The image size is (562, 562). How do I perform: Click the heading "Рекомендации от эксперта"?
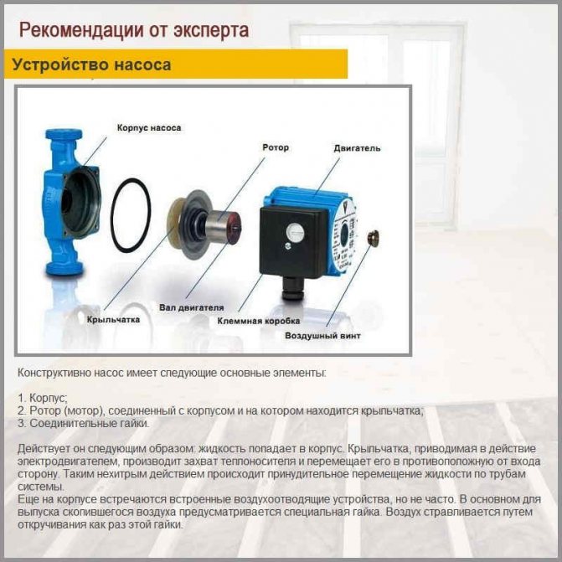click(134, 30)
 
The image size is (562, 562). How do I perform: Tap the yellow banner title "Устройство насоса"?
click(91, 64)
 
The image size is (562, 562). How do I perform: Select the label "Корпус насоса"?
click(149, 128)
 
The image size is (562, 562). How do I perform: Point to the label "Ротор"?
click(276, 147)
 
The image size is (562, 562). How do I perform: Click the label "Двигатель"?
click(357, 148)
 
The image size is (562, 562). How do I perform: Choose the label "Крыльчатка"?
click(113, 319)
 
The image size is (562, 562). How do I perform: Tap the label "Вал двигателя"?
click(192, 307)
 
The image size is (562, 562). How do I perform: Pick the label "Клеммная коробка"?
click(259, 321)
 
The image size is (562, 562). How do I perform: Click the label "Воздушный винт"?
click(322, 336)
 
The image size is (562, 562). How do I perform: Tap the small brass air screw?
click(373, 237)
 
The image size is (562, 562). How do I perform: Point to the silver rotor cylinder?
click(221, 224)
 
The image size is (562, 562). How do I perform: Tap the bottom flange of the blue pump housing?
click(64, 269)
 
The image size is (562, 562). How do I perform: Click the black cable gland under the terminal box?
click(292, 288)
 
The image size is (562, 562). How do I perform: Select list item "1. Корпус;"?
click(42, 398)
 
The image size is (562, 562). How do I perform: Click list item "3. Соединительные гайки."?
click(83, 423)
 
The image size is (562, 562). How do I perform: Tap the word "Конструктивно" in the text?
click(54, 373)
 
